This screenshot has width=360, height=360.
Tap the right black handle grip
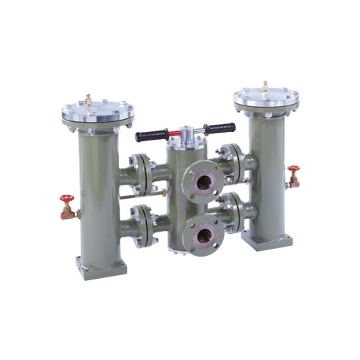(x=220, y=128)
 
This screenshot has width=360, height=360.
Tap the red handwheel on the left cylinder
(x=66, y=201)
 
